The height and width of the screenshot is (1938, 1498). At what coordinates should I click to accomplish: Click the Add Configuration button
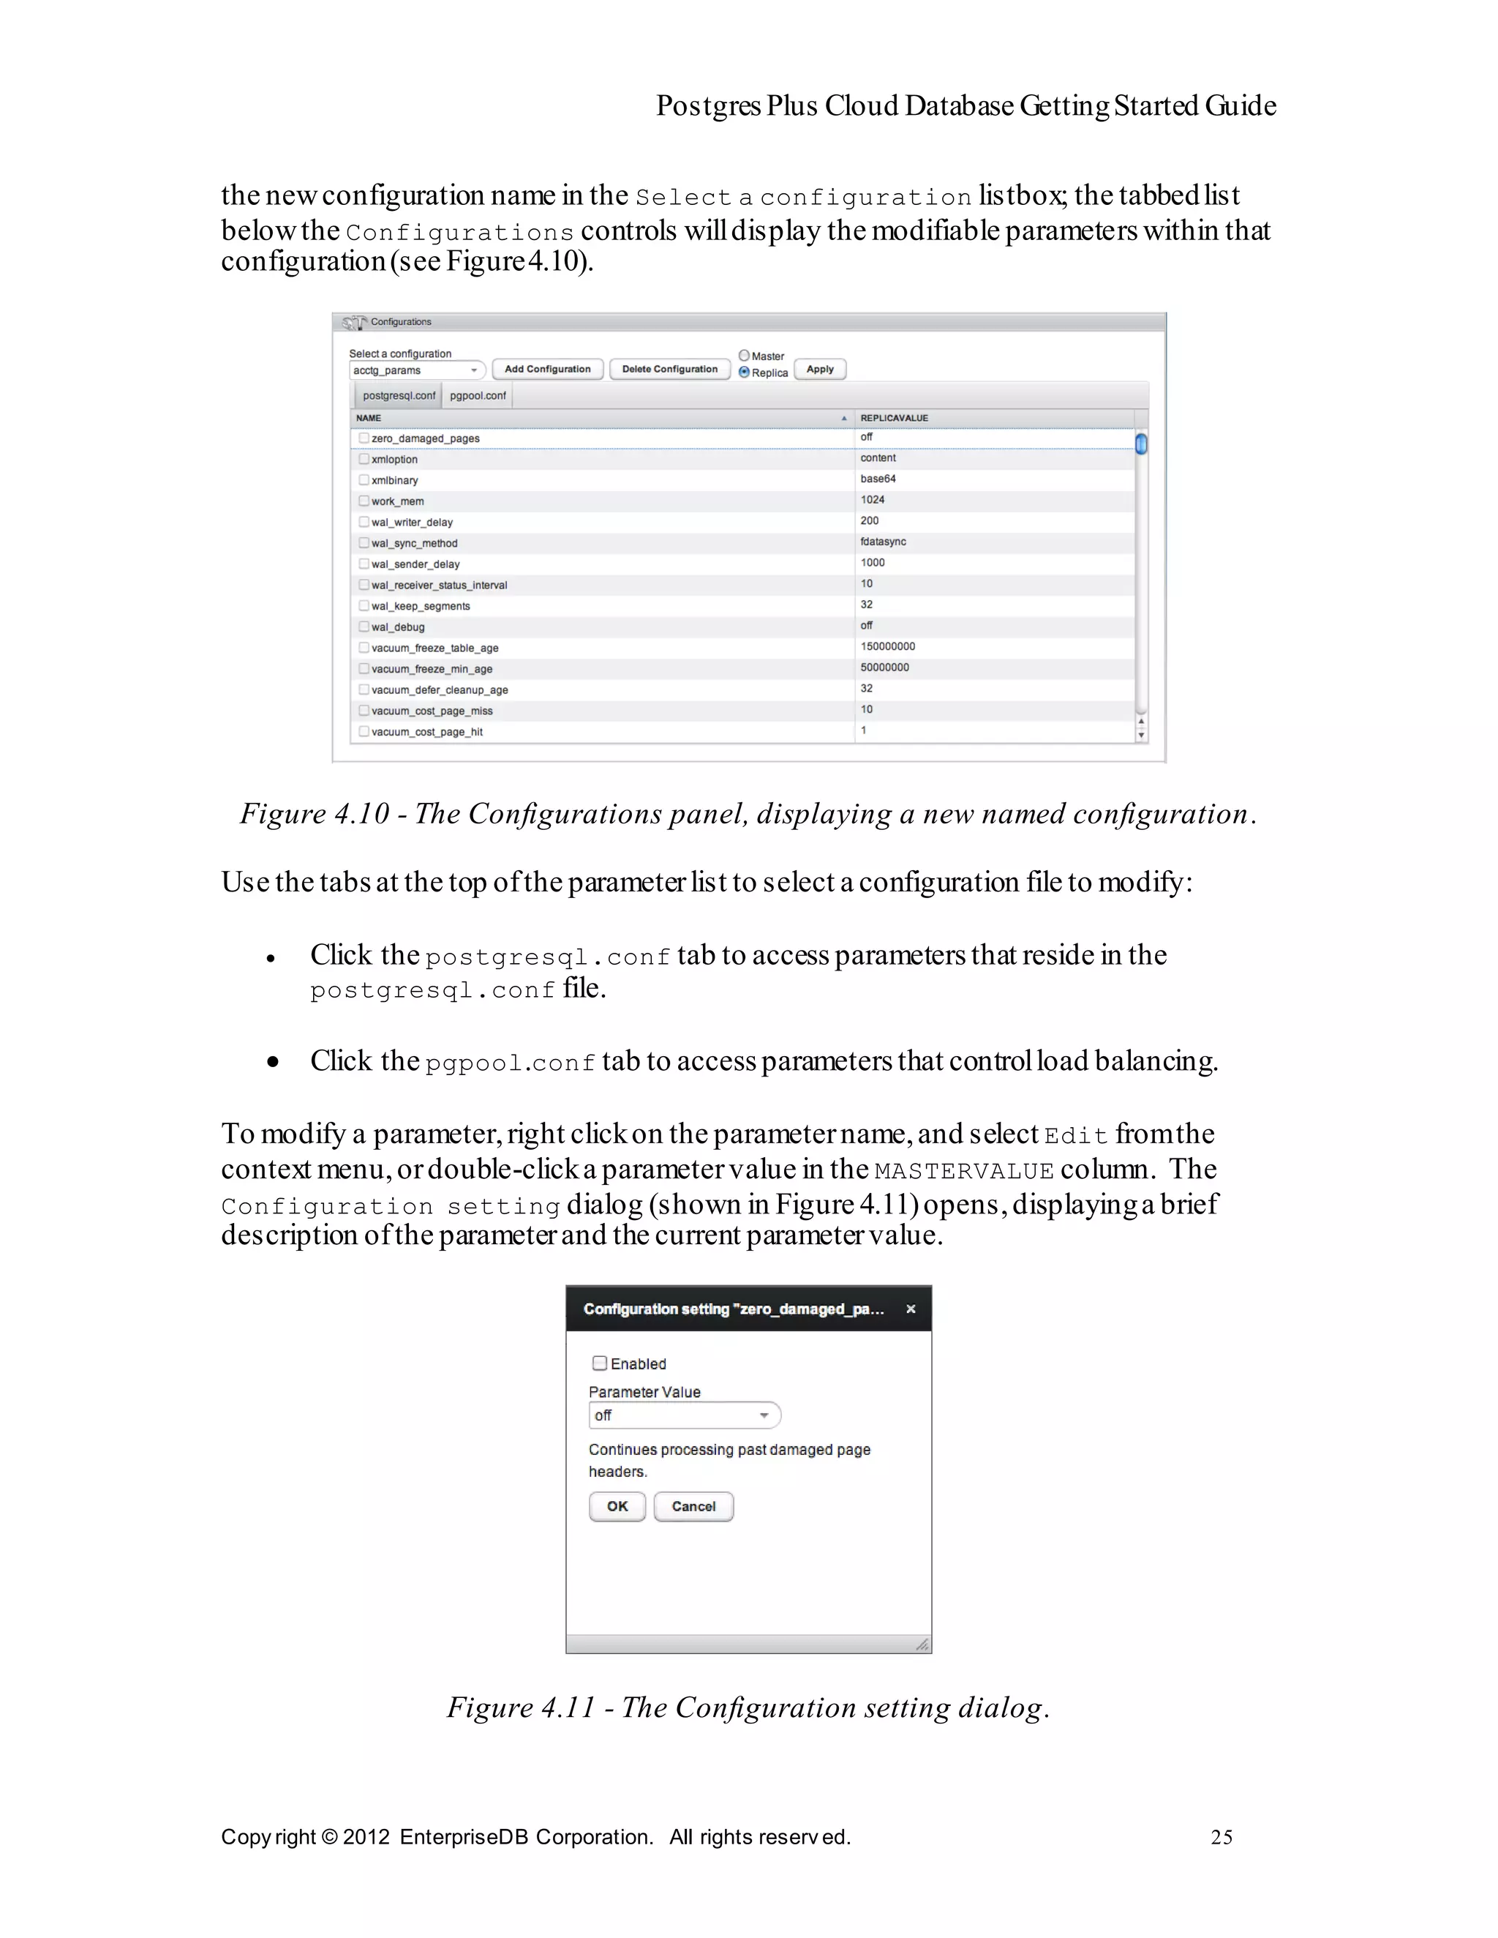point(547,369)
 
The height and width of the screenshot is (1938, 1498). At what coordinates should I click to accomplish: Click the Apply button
point(819,369)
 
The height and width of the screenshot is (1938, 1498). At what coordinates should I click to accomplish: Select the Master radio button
point(744,355)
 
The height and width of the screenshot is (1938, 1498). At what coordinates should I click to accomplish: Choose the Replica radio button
point(744,373)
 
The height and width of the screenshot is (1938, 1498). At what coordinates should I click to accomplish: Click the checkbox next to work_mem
point(364,501)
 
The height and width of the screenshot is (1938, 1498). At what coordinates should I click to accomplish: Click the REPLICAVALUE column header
point(894,418)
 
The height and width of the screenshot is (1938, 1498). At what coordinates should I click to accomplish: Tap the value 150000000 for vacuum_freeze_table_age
point(887,647)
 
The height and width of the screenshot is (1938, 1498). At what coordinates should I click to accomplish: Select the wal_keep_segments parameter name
point(421,606)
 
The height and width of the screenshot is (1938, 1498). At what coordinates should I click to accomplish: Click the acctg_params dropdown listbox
point(417,370)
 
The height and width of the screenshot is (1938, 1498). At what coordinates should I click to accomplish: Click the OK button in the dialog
point(617,1507)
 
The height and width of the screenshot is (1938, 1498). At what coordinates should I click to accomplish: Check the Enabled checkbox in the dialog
point(600,1363)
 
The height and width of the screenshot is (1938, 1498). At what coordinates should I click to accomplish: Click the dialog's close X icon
point(911,1309)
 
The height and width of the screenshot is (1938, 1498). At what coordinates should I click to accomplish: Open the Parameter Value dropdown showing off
point(684,1415)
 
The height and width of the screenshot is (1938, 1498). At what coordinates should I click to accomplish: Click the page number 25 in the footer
point(1222,1837)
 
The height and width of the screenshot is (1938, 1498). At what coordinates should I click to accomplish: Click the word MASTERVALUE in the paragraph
point(964,1171)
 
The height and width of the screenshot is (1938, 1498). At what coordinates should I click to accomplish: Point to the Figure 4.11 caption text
point(748,1708)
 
